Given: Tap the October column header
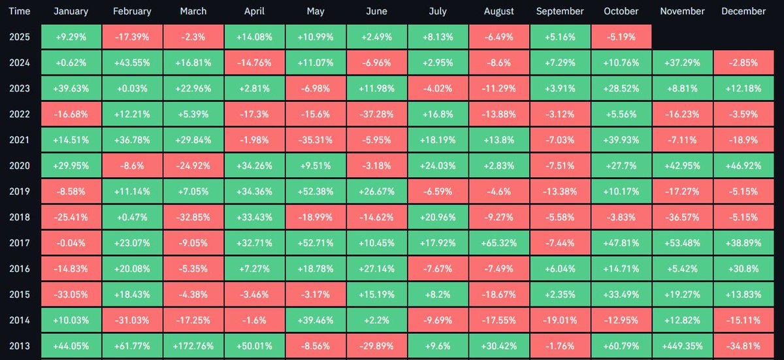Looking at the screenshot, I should point(621,11).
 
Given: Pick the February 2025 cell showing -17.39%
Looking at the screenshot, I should point(132,37).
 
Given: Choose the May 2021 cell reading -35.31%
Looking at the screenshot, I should point(315,140).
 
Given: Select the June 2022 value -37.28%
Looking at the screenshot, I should point(376,114).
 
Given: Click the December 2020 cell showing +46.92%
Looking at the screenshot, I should point(744,166).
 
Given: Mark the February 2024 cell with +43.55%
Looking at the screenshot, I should point(132,63).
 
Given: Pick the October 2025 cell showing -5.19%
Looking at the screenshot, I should point(621,37).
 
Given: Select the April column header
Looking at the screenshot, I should point(253,11).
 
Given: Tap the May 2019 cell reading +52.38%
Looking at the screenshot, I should point(315,191).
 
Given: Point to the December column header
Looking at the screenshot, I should point(744,11).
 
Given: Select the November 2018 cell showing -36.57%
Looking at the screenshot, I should point(683,216).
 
